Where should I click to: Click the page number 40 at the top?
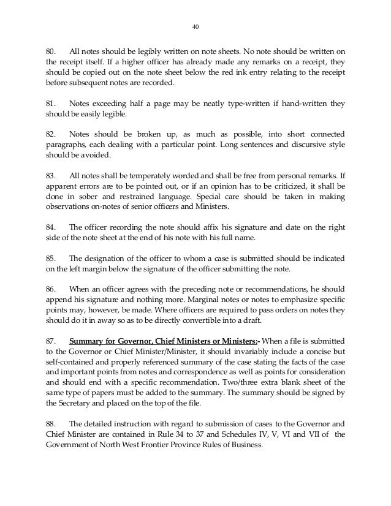coord(195,27)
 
